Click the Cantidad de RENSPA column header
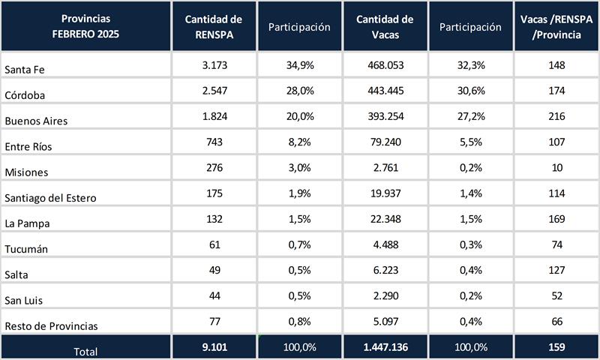pos(214,26)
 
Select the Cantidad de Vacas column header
pos(385,26)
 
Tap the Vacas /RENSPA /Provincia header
pos(557,26)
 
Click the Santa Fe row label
pos(22,70)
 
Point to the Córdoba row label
pos(24,95)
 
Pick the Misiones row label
pos(25,172)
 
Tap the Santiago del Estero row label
pos(49,197)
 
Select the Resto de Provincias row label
pos(51,325)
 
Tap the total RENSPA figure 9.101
pos(214,346)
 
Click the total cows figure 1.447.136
pos(385,346)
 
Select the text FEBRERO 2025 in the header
pos(86,34)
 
